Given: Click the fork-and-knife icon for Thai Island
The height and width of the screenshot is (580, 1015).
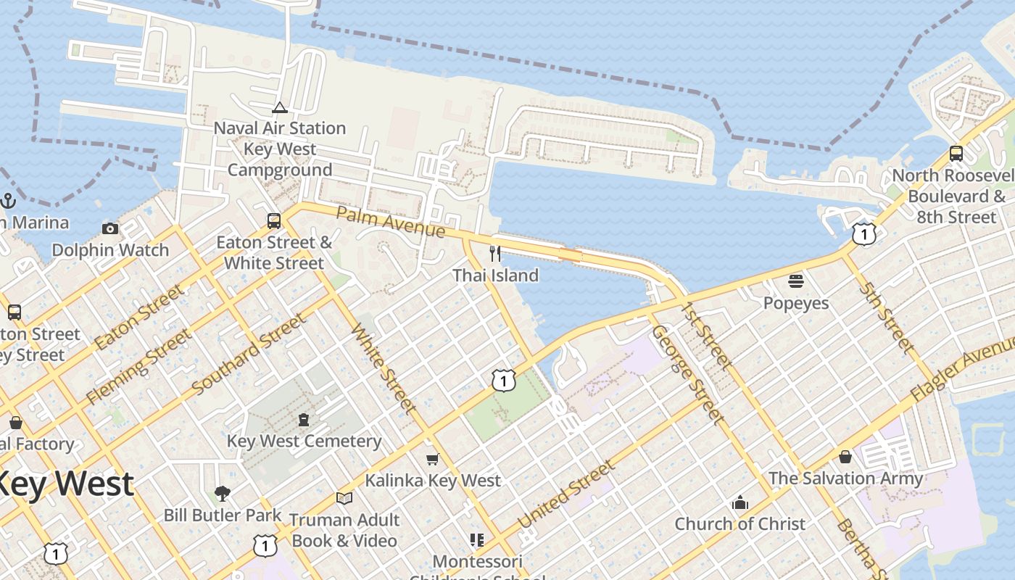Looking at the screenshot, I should coord(495,253).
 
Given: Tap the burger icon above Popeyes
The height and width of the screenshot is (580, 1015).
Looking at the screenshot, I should coord(796,281).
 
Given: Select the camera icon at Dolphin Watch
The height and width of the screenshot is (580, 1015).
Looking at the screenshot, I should coord(110,228).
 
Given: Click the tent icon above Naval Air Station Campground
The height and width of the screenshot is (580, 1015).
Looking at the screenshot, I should coord(279,108).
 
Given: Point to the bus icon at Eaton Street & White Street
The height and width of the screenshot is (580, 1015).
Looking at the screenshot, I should coord(274,220).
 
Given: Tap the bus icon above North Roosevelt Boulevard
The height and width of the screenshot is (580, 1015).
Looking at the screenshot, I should coord(956,153).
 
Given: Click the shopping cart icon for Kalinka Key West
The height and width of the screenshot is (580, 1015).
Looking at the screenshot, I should coord(433,459).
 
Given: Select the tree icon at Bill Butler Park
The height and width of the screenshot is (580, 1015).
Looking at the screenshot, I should coord(223,494).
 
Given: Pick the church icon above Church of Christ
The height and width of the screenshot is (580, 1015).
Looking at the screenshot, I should coord(739,502).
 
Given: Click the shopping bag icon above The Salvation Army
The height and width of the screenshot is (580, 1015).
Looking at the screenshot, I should coord(845,457).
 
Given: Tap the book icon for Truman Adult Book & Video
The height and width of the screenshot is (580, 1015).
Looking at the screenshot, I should coord(344,498).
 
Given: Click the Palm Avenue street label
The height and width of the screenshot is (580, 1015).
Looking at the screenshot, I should coord(391,222).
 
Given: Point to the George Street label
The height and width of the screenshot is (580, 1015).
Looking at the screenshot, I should coord(687,374).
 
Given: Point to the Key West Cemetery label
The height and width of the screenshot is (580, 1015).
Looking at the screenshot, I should coord(304,441).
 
